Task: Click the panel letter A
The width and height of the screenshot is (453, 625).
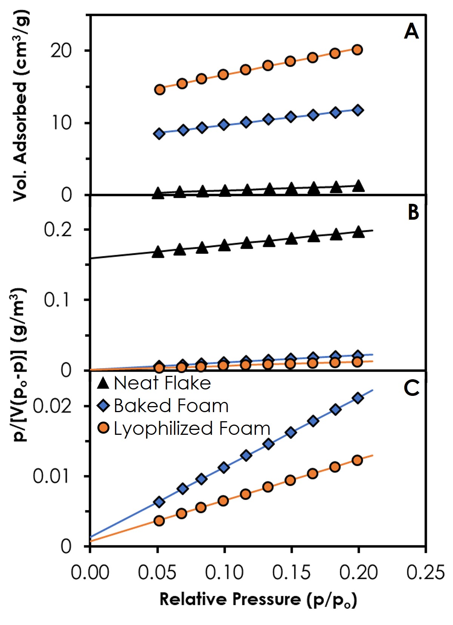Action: click(x=411, y=31)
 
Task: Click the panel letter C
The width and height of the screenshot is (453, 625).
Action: click(x=411, y=388)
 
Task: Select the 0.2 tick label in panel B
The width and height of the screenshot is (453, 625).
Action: click(x=58, y=230)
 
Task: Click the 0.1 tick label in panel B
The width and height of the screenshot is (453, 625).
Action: click(x=58, y=300)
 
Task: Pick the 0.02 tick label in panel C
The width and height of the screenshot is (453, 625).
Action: click(x=52, y=406)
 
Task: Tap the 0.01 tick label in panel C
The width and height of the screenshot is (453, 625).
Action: click(x=52, y=476)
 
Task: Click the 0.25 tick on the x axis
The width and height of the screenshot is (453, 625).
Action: click(x=425, y=572)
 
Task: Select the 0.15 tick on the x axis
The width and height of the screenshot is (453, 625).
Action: click(x=291, y=572)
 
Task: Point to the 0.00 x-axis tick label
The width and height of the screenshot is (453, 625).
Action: click(x=90, y=572)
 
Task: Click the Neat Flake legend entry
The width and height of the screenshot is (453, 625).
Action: click(x=154, y=383)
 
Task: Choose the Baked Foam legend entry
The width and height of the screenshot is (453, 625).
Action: click(x=163, y=406)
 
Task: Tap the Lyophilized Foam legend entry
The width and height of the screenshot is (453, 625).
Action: click(x=184, y=428)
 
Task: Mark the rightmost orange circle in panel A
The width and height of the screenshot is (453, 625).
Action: click(x=357, y=50)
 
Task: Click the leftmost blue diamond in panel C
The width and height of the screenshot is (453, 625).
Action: click(x=159, y=502)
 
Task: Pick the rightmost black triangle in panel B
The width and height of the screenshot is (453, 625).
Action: click(x=358, y=232)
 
